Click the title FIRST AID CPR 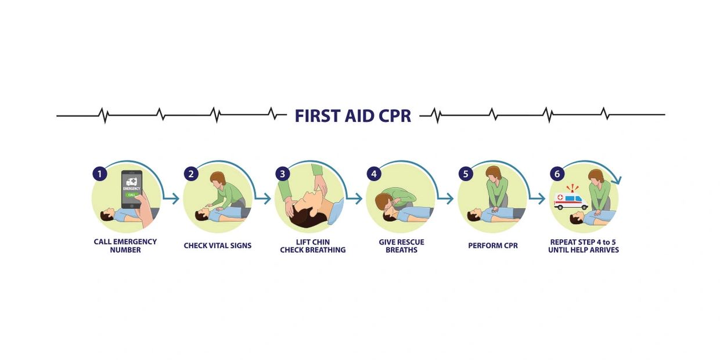(x=353, y=116)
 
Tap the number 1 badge (x=100, y=174)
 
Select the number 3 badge (x=283, y=174)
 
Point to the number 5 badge (x=466, y=174)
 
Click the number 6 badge (x=557, y=174)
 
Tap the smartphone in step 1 (x=132, y=189)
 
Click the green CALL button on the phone (x=132, y=195)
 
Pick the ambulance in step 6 (x=571, y=201)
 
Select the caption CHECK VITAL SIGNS (x=218, y=246)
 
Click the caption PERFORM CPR (x=493, y=246)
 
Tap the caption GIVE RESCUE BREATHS (x=401, y=246)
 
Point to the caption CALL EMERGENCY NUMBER (x=125, y=246)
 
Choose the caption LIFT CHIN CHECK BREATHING (x=313, y=246)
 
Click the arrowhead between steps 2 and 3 (x=267, y=199)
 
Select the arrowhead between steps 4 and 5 (x=449, y=199)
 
